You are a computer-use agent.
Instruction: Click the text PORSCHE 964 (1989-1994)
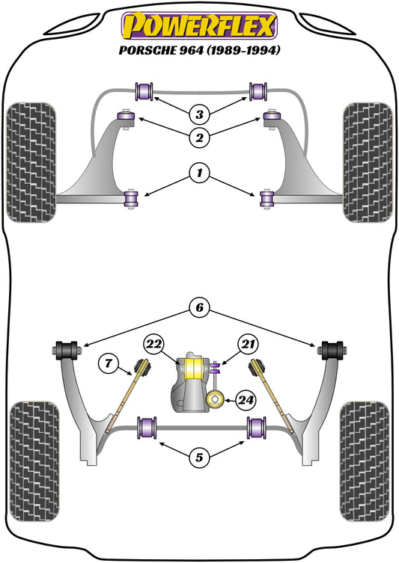pyautogui.click(x=199, y=51)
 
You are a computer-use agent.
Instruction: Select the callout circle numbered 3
pyautogui.click(x=199, y=114)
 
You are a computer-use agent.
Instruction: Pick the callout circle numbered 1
pyautogui.click(x=199, y=174)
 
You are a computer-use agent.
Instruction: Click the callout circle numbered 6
pyautogui.click(x=199, y=307)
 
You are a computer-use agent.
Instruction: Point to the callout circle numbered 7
pyautogui.click(x=109, y=364)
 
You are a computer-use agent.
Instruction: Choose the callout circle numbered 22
pyautogui.click(x=154, y=343)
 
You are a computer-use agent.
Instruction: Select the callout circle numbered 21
pyautogui.click(x=247, y=343)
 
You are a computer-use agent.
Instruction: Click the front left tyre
pyautogui.click(x=31, y=162)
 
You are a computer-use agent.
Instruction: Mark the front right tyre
pyautogui.click(x=368, y=162)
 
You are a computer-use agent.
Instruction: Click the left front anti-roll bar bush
pyautogui.click(x=143, y=91)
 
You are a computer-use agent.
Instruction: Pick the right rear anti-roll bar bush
pyautogui.click(x=258, y=428)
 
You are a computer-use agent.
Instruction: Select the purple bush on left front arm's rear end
pyautogui.click(x=133, y=198)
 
